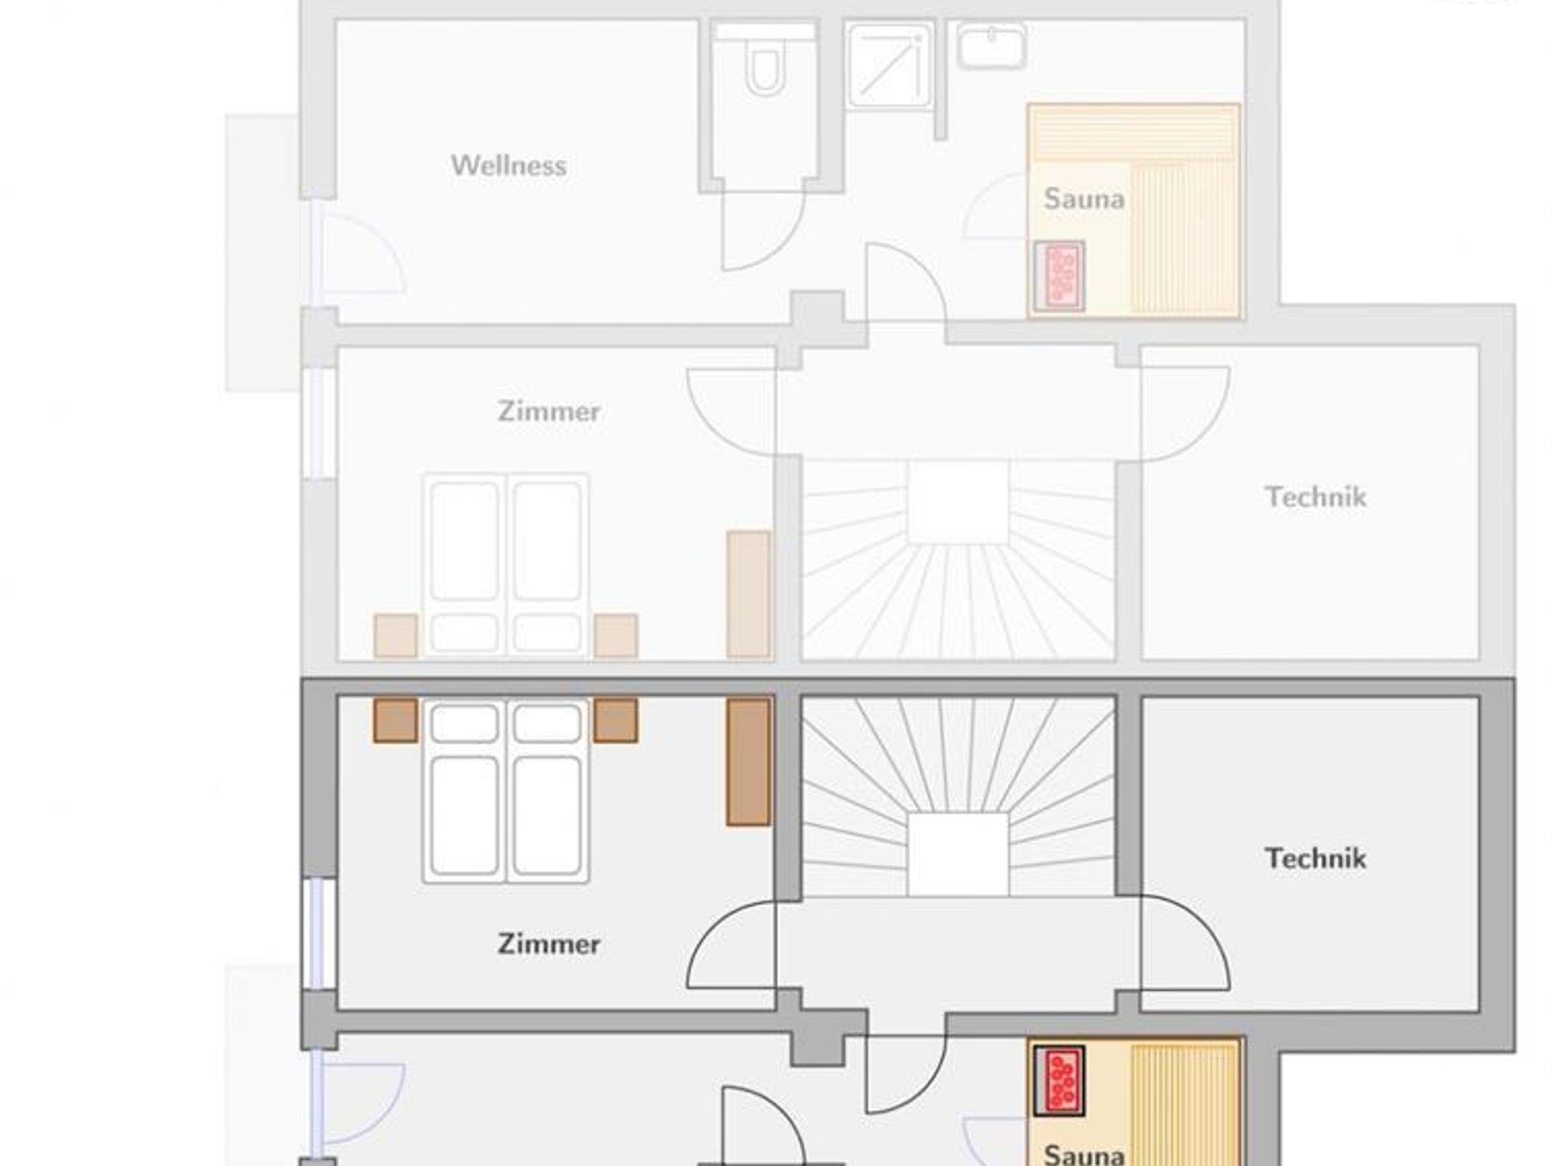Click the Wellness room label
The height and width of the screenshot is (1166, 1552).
(x=508, y=165)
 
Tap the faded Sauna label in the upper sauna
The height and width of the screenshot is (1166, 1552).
(x=1084, y=199)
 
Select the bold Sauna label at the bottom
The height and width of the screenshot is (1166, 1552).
(x=1084, y=1154)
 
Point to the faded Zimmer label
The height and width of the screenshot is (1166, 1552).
(x=549, y=411)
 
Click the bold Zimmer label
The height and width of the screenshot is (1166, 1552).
(x=549, y=944)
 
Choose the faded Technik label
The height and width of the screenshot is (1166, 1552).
(x=1316, y=497)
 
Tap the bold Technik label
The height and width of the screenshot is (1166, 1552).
(x=1316, y=858)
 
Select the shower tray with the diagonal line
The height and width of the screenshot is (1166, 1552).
(x=890, y=64)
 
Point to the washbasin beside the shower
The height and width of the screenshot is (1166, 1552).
(x=991, y=45)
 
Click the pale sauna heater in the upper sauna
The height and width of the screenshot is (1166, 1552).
(x=1059, y=276)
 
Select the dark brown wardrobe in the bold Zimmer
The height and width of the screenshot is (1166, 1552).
(x=749, y=762)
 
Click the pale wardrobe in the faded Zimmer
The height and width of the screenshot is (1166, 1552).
(x=749, y=594)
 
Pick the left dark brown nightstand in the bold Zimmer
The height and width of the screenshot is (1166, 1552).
(x=396, y=720)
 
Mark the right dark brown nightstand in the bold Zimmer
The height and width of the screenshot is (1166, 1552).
(x=615, y=720)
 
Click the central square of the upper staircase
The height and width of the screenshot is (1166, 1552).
(x=958, y=501)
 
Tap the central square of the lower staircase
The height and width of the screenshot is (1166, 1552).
(x=958, y=854)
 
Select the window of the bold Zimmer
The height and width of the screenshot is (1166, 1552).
(x=319, y=933)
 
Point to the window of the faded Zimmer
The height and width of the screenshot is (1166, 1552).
(x=319, y=423)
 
